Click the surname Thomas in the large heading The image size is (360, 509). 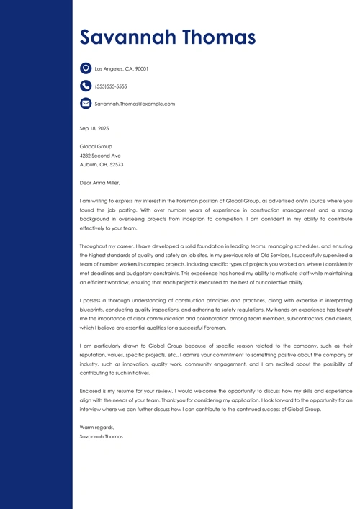[x=216, y=37]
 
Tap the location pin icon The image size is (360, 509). [x=86, y=68]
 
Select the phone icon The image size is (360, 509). [x=86, y=86]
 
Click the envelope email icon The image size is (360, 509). [x=86, y=104]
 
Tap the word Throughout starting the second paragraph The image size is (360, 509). [x=94, y=246]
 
